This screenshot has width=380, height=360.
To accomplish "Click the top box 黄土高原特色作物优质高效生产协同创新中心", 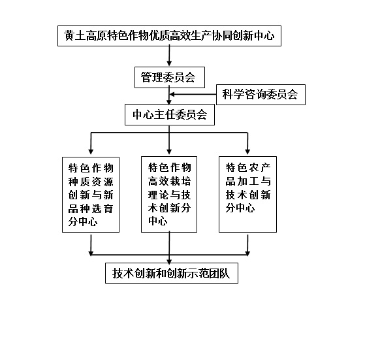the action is [x=169, y=36].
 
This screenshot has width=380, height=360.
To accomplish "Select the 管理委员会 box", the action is [x=170, y=77].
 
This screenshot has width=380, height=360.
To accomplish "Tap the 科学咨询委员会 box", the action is [x=261, y=95].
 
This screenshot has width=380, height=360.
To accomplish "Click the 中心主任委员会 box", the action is [x=170, y=115].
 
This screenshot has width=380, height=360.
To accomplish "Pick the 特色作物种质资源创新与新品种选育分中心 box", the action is [x=91, y=195].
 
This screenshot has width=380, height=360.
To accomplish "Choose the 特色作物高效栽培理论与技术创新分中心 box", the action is [x=169, y=194].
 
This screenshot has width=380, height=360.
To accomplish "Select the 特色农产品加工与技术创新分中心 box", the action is [x=247, y=194].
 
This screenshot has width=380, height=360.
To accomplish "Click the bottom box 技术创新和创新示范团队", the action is [x=172, y=273].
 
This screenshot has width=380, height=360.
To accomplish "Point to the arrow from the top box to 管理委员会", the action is [x=169, y=56].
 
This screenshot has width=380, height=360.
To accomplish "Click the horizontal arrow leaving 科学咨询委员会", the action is [x=193, y=94].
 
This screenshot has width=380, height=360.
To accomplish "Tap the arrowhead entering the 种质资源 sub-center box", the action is [x=91, y=152].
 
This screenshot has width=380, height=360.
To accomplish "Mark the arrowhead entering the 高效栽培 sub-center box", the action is [x=169, y=152].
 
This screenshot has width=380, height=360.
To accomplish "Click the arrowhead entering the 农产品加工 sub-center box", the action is [x=247, y=152].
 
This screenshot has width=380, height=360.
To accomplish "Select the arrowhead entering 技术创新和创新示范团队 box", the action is [x=169, y=261].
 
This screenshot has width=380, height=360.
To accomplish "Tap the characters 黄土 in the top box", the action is [x=75, y=36].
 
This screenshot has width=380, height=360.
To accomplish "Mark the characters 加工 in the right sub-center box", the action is [x=248, y=181].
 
